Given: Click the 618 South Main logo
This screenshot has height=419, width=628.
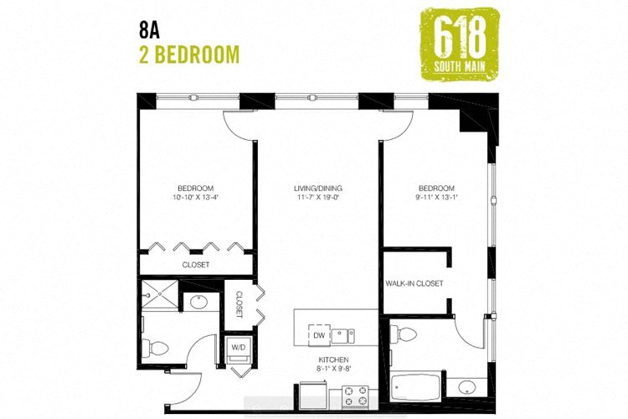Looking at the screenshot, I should click(x=458, y=41).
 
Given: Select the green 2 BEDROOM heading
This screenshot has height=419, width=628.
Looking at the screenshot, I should click(x=189, y=54).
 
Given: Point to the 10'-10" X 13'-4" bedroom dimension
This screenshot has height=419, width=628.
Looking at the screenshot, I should click(x=196, y=198).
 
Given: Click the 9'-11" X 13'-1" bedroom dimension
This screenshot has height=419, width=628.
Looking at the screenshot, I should click(x=434, y=198).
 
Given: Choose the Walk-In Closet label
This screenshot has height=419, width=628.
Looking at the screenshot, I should click(x=414, y=283).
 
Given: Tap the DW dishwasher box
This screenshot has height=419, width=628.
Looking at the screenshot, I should click(x=318, y=336).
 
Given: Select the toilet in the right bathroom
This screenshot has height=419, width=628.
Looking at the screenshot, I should click(x=406, y=334).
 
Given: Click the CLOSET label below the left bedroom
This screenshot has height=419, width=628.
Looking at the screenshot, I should click(x=196, y=265).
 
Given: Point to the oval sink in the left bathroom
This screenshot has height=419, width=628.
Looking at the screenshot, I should click(x=200, y=302).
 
